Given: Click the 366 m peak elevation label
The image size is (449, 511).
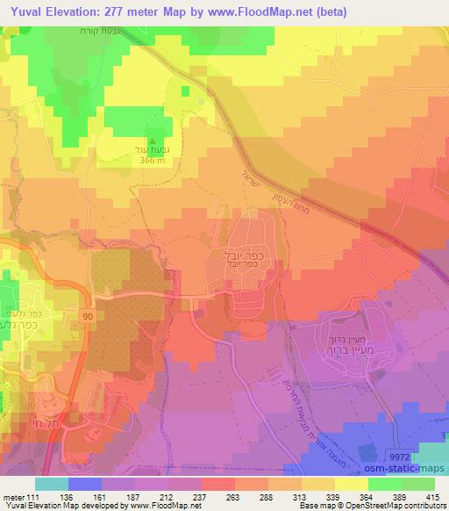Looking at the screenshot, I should tap(154, 161).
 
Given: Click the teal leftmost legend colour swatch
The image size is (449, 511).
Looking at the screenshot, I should tap(52, 484).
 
